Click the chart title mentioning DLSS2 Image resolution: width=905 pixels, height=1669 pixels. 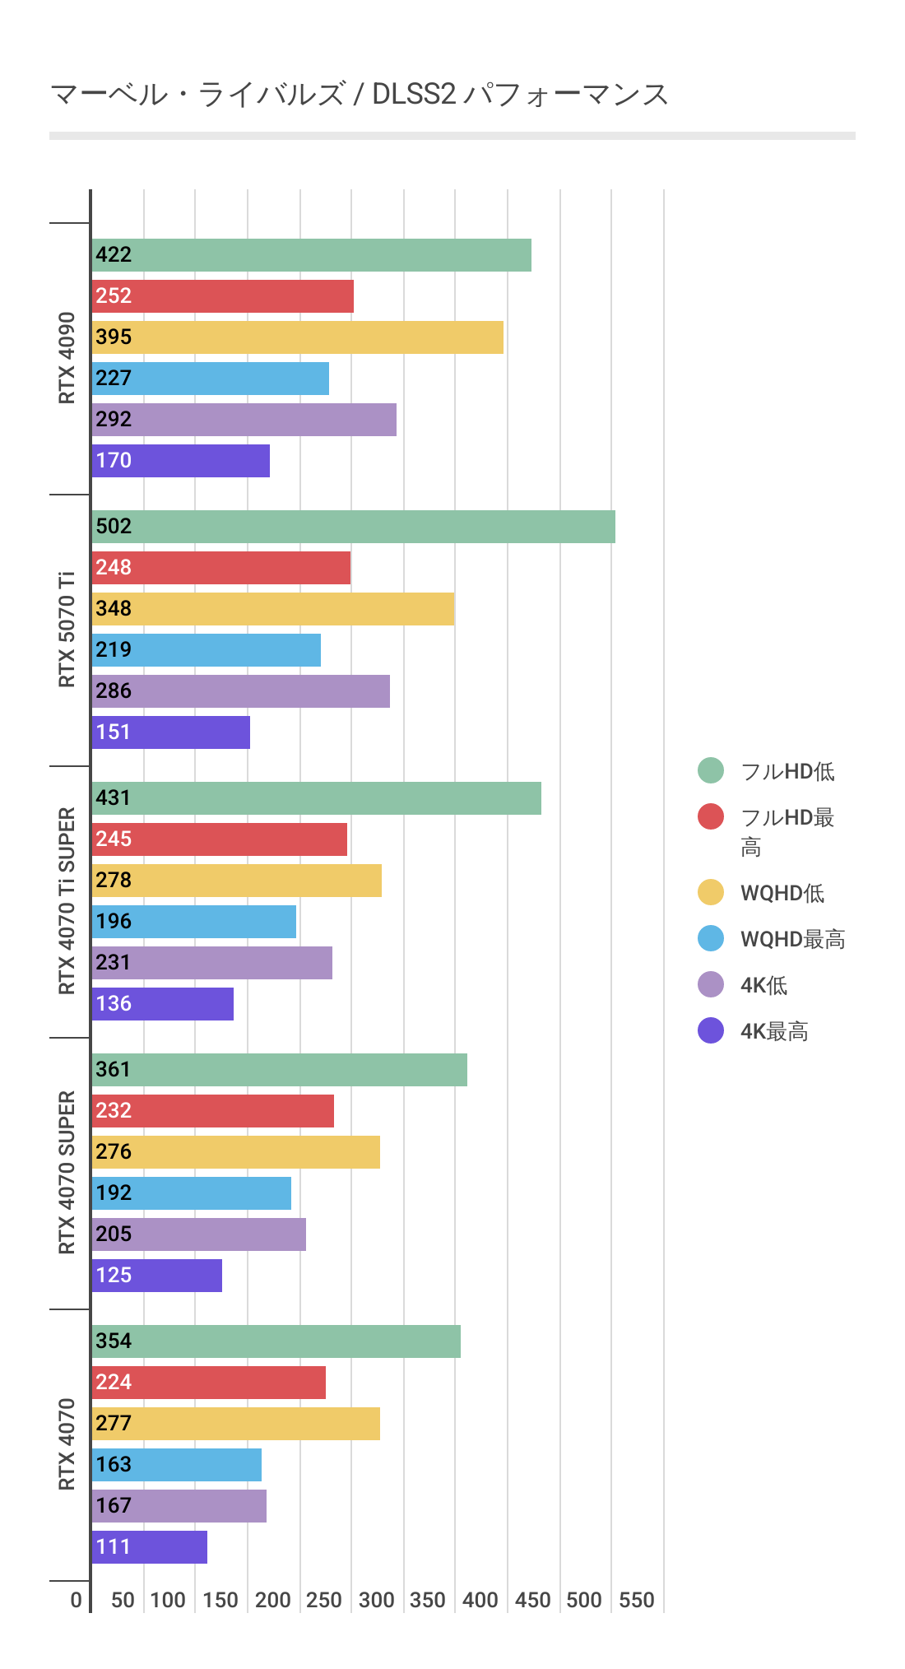[x=359, y=95]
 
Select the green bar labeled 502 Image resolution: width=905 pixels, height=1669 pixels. [x=354, y=527]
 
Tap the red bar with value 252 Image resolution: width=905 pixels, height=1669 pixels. [x=223, y=296]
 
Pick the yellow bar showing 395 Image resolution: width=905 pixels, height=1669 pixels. [x=298, y=337]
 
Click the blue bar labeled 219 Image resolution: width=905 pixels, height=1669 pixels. [x=207, y=650]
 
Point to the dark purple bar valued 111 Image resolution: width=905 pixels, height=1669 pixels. [x=150, y=1547]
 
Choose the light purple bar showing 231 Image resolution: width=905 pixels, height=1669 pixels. [x=212, y=963]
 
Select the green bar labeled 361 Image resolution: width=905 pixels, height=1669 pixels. [x=280, y=1070]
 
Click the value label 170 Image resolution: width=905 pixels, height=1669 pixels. [x=114, y=460]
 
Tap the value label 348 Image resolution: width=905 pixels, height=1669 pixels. [x=114, y=608]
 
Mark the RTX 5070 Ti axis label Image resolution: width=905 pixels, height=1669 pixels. [x=67, y=630]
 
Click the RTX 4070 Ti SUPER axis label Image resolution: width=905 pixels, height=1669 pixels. [x=67, y=901]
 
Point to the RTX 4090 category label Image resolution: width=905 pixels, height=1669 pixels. [x=67, y=358]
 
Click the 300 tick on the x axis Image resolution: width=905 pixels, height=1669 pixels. [x=376, y=1600]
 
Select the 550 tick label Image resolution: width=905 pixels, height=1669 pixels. [x=636, y=1600]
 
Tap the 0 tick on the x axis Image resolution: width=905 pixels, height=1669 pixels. [x=77, y=1600]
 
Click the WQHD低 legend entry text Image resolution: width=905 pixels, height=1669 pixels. [x=782, y=893]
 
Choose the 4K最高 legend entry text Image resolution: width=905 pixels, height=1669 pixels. [x=774, y=1031]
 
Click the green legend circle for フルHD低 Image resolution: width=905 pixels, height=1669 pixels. [x=711, y=770]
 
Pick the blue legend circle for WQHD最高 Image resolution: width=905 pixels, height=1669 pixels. [x=711, y=938]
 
